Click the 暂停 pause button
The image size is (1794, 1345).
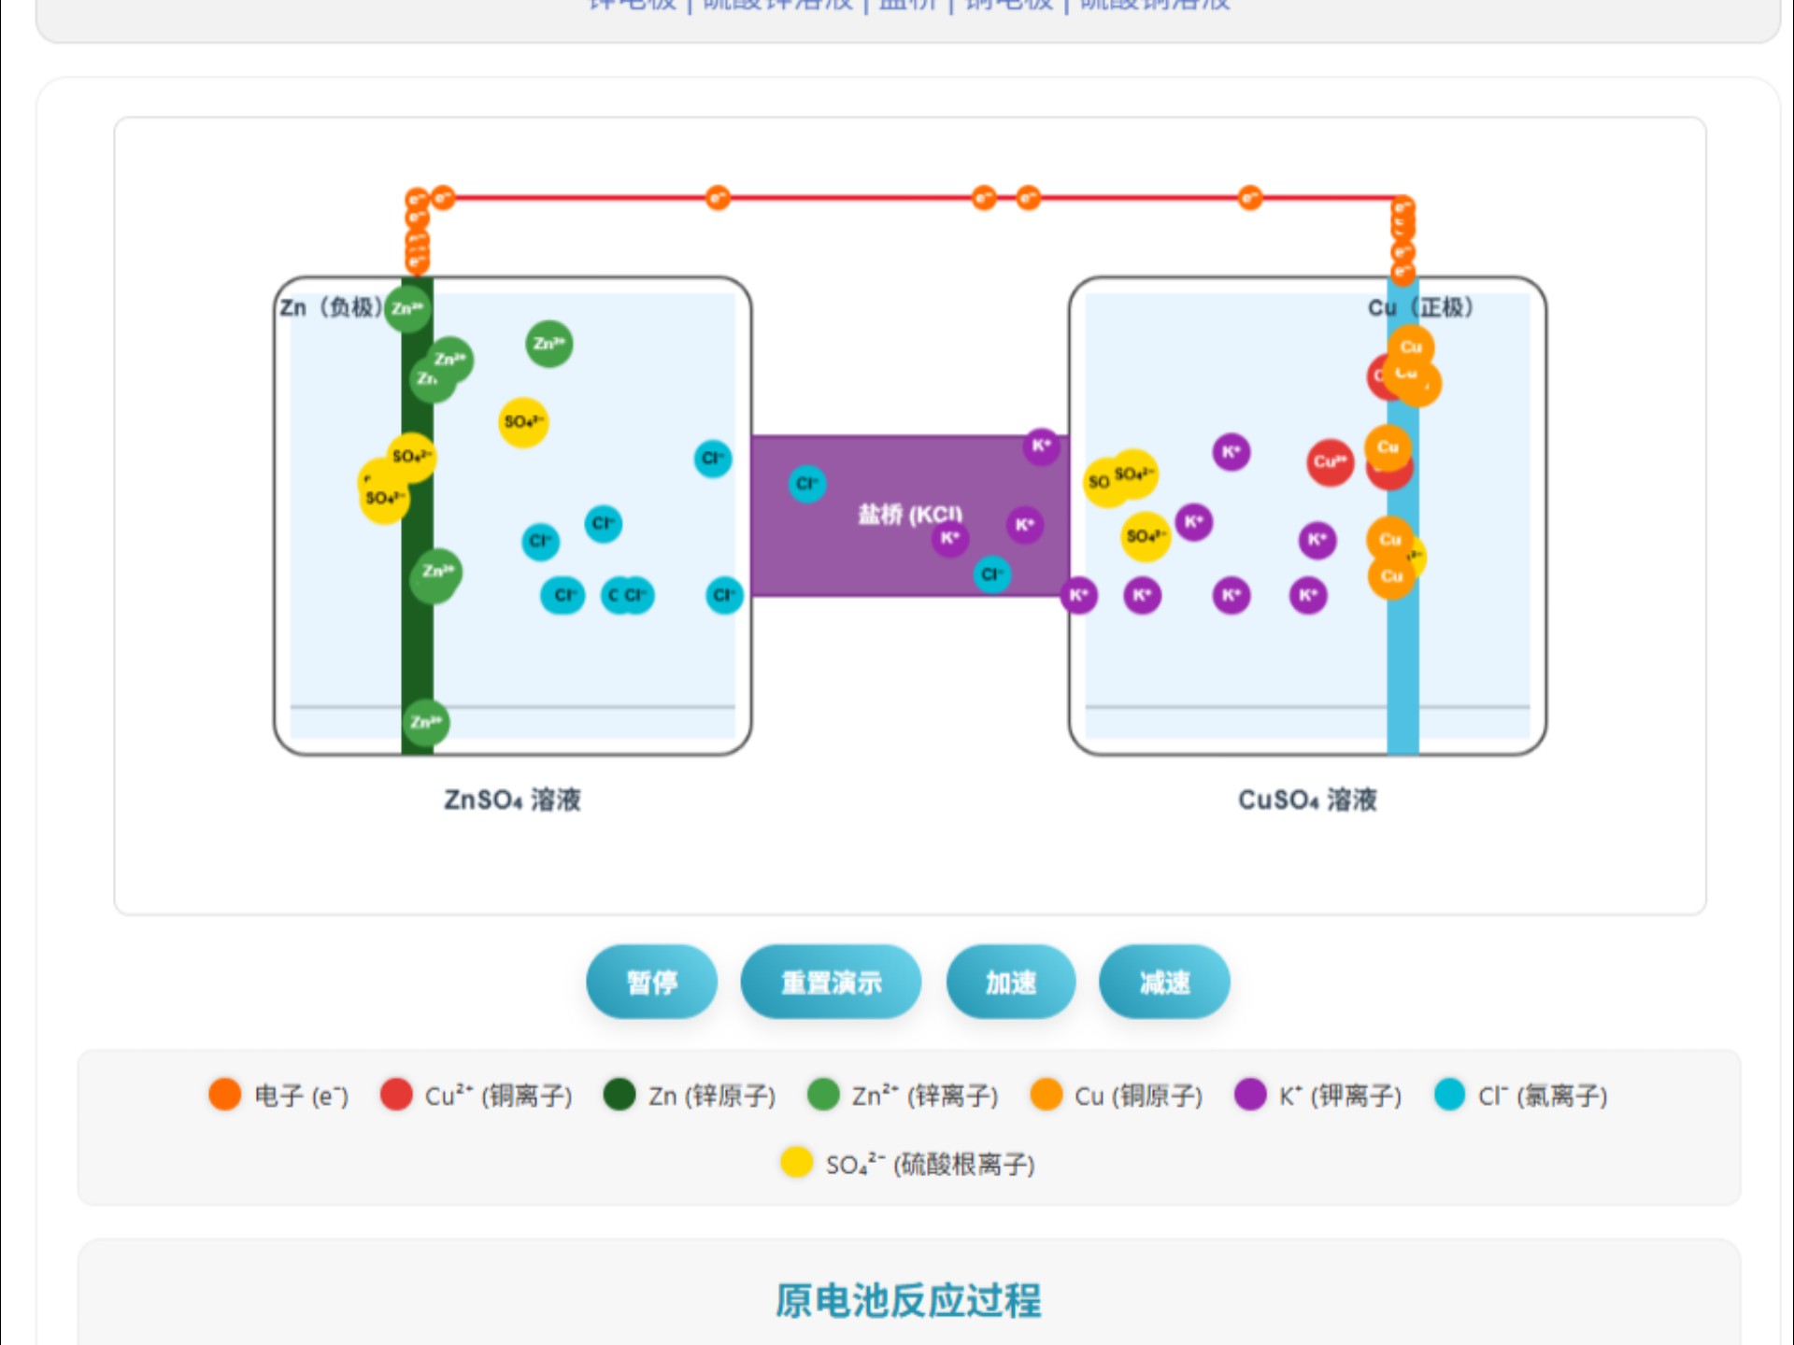click(651, 982)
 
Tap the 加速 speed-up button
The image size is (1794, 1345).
click(1010, 982)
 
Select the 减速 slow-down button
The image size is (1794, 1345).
click(1163, 982)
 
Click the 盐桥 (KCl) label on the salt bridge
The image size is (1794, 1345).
click(909, 514)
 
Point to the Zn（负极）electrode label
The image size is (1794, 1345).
click(331, 307)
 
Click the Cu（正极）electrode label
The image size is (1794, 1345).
click(1420, 307)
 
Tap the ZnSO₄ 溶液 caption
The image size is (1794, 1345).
click(512, 800)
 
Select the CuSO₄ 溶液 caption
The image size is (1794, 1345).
click(1307, 800)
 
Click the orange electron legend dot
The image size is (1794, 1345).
click(225, 1094)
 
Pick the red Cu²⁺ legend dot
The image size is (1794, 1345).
click(396, 1094)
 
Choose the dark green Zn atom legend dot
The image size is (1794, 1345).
click(619, 1094)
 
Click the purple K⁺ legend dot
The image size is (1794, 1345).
click(1250, 1094)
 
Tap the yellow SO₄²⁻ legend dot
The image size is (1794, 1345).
click(796, 1163)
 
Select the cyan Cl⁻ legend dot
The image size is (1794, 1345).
click(1449, 1094)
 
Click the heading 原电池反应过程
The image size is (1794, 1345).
click(908, 1300)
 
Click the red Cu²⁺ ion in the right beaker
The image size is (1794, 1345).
click(1330, 462)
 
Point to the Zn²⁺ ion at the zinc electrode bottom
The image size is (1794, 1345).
click(426, 722)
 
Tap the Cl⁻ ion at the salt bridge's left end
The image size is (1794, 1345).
click(806, 484)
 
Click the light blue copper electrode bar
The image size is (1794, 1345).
click(1402, 654)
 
